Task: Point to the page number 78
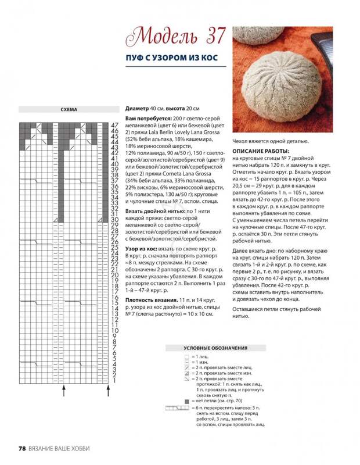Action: point(23,448)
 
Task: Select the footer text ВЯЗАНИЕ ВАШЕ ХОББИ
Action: point(60,448)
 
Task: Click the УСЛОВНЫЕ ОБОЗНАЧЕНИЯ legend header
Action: point(215,348)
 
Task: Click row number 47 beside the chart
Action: point(114,125)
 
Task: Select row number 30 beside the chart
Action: point(114,220)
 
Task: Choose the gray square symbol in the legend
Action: point(187,402)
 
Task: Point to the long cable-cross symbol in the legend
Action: point(177,409)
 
